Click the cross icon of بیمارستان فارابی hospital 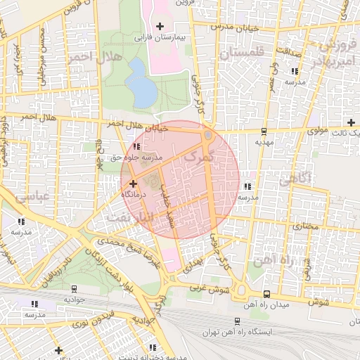coord(160,26)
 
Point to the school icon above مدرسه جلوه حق coord(136,146)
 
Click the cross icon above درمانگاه coord(134,183)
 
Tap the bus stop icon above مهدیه coord(264,131)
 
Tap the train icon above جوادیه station coord(74,288)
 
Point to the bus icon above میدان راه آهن coord(266,294)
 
